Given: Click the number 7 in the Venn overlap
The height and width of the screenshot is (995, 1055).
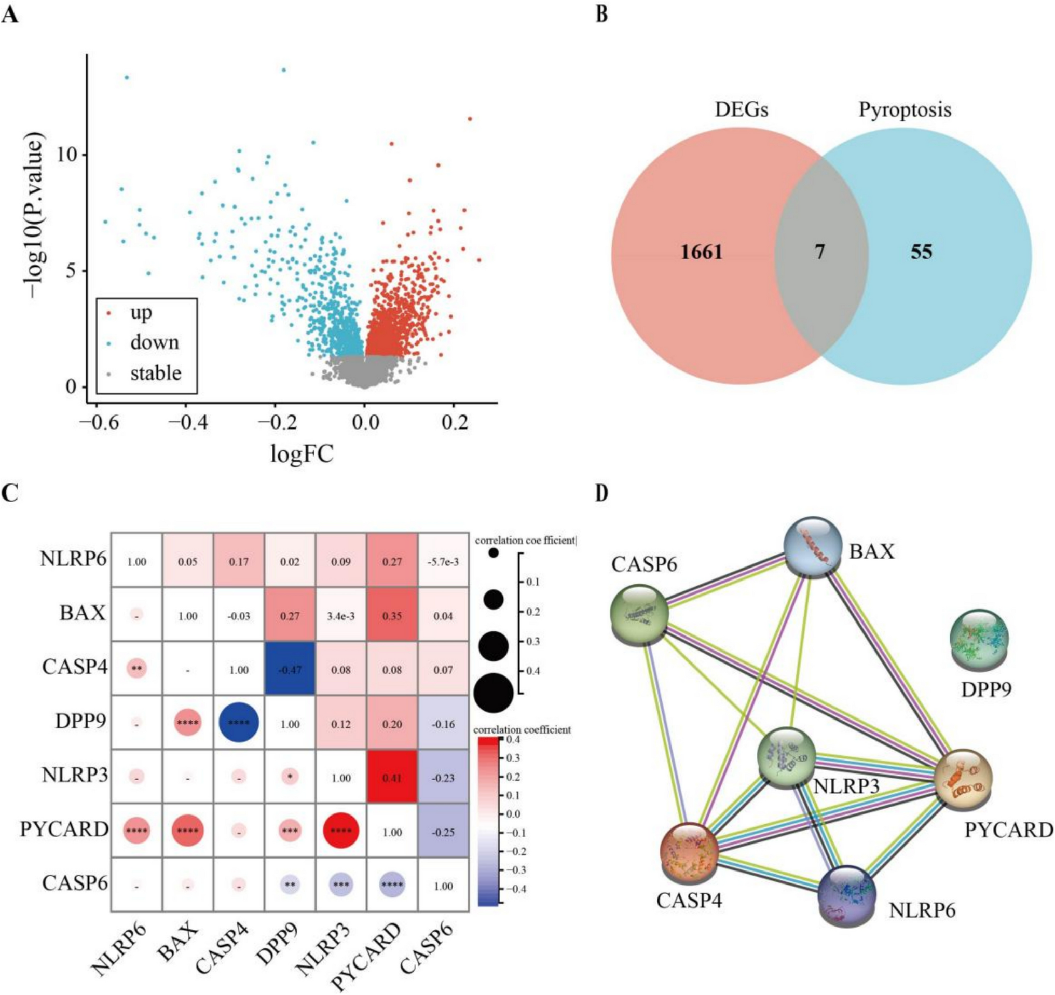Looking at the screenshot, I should tap(820, 252).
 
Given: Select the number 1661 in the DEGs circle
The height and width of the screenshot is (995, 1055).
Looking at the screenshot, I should tap(702, 252).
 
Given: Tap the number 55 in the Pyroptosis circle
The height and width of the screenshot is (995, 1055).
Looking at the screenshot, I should tap(921, 252).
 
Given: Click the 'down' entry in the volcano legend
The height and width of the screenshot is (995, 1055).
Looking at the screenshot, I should tap(154, 342).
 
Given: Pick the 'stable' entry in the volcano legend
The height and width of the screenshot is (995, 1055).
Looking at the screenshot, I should tap(156, 374).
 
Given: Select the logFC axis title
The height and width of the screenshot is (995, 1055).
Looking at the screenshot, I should tap(302, 454).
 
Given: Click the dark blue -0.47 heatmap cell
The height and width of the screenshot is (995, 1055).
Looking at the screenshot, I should tap(290, 670).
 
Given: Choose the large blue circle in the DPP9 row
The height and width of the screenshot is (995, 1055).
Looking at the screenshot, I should tap(239, 724).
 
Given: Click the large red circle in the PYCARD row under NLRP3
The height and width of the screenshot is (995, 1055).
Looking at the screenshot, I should tap(341, 832).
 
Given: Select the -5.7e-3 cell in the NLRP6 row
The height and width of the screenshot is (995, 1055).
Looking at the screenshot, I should tap(443, 562).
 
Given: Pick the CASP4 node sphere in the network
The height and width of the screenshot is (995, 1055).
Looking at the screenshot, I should tap(689, 852).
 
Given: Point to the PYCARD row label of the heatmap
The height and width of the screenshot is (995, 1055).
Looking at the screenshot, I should tap(64, 830).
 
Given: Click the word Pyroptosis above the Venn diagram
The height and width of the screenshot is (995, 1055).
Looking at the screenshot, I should tap(905, 110).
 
